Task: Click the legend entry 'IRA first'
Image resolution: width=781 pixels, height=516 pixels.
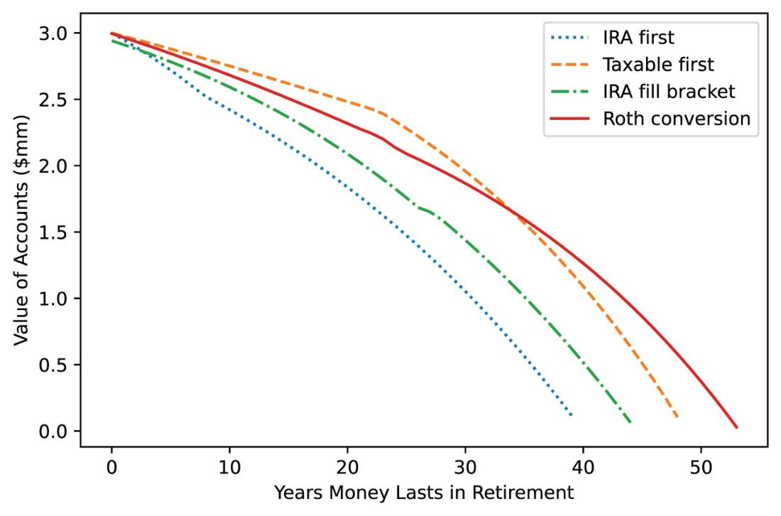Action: pyautogui.click(x=638, y=38)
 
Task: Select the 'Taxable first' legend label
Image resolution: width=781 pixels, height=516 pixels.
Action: pyautogui.click(x=658, y=64)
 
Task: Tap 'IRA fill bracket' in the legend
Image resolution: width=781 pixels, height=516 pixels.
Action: pyautogui.click(x=669, y=92)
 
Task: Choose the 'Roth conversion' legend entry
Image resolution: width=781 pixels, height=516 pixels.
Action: pyautogui.click(x=677, y=119)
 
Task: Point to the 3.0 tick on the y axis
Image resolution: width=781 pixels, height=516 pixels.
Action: pyautogui.click(x=53, y=33)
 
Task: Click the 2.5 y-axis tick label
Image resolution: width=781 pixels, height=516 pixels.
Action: pyautogui.click(x=53, y=100)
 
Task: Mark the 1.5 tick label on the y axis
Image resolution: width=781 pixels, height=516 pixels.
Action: pyautogui.click(x=53, y=232)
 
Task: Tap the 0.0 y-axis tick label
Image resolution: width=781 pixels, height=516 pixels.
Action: pyautogui.click(x=53, y=431)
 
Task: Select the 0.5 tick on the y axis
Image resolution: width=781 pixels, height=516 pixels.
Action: pyautogui.click(x=53, y=365)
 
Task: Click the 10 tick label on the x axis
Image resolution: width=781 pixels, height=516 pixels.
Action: pyautogui.click(x=229, y=467)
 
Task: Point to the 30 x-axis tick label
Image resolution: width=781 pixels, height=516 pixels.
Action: pyautogui.click(x=465, y=467)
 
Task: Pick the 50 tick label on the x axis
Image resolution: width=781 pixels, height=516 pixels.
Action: pyautogui.click(x=701, y=467)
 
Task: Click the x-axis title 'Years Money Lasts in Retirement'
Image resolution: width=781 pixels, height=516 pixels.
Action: pyautogui.click(x=424, y=493)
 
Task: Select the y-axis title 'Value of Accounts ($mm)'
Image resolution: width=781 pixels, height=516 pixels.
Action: pyautogui.click(x=21, y=230)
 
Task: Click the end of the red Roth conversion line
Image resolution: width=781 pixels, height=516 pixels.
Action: pyautogui.click(x=736, y=427)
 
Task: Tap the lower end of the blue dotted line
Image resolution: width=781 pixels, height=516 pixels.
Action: pyautogui.click(x=571, y=415)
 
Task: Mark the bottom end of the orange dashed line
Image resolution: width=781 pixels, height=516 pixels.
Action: pyautogui.click(x=677, y=417)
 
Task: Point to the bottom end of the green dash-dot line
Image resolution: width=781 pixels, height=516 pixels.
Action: pyautogui.click(x=630, y=422)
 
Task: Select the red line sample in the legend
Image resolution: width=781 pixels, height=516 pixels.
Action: pyautogui.click(x=569, y=119)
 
